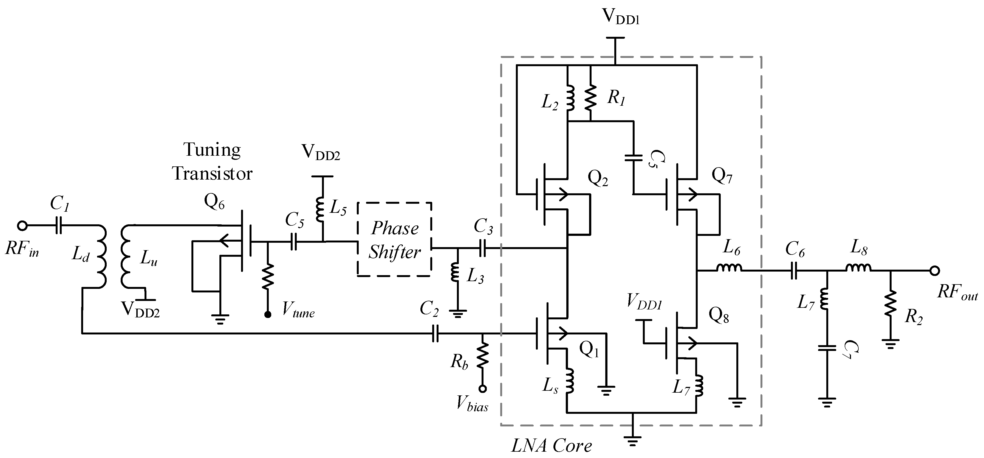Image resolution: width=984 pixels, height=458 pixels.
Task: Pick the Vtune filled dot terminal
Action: (x=268, y=314)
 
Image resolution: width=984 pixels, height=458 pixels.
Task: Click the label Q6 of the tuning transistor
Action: (x=214, y=202)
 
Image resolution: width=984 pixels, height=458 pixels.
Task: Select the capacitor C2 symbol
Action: (x=435, y=334)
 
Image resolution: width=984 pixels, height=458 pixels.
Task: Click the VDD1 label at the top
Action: (x=620, y=16)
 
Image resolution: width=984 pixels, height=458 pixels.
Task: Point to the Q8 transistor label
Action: (x=719, y=315)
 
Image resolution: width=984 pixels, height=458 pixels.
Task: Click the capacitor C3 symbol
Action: (x=482, y=248)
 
